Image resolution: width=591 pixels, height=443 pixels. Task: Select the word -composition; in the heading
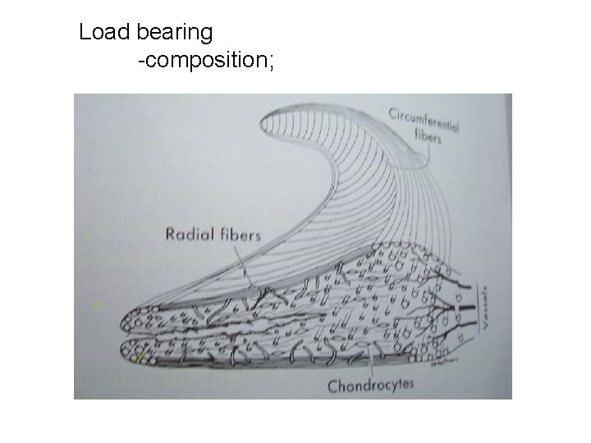(208, 61)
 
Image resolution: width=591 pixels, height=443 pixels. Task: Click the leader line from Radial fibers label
(245, 267)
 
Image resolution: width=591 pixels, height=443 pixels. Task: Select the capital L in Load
(85, 33)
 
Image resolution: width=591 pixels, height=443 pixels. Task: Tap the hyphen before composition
(141, 61)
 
